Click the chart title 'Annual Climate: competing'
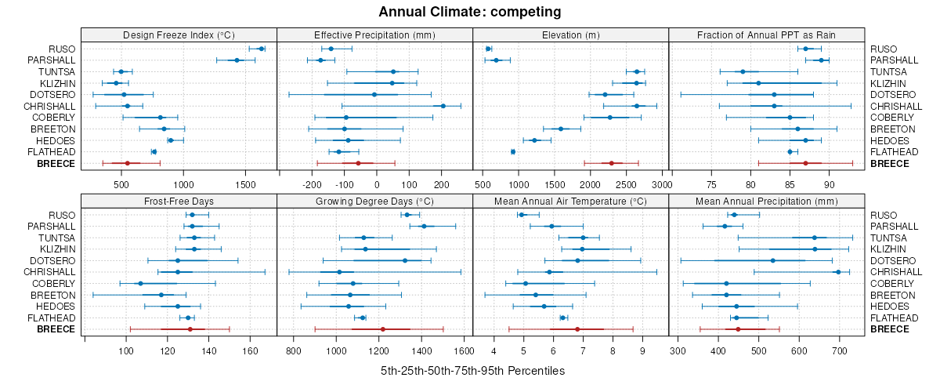[x=470, y=12]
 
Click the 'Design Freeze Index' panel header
[x=179, y=34]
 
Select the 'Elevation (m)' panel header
[x=571, y=34]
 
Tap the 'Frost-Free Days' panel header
[x=179, y=201]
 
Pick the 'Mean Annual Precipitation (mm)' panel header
[x=767, y=201]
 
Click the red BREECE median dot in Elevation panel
[x=611, y=163]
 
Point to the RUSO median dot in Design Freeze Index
[x=261, y=49]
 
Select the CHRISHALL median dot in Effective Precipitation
[x=443, y=106]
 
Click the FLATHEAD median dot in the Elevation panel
[x=513, y=151]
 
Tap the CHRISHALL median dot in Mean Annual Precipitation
[x=838, y=272]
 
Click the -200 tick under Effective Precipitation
[x=313, y=185]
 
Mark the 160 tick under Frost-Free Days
[x=250, y=351]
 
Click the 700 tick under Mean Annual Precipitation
[x=839, y=351]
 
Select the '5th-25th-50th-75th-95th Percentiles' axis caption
[x=472, y=370]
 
